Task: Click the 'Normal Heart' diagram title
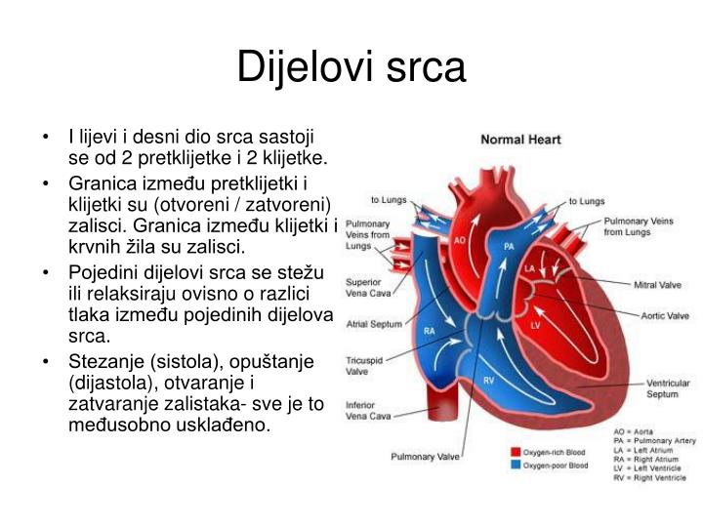pyautogui.click(x=520, y=140)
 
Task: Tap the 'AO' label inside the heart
pyautogui.click(x=460, y=239)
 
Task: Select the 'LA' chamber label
pyautogui.click(x=529, y=267)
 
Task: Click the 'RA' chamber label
pyautogui.click(x=429, y=331)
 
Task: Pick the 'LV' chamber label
pyautogui.click(x=535, y=324)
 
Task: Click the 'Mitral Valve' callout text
pyautogui.click(x=658, y=286)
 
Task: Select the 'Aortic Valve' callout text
pyautogui.click(x=664, y=315)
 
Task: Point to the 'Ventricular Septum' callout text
pyautogui.click(x=668, y=389)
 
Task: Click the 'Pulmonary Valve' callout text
pyautogui.click(x=426, y=456)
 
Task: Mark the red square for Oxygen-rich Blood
pyautogui.click(x=515, y=452)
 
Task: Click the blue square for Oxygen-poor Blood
pyautogui.click(x=515, y=466)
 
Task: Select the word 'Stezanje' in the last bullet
pyautogui.click(x=100, y=362)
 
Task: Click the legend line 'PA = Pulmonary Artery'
pyautogui.click(x=654, y=441)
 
